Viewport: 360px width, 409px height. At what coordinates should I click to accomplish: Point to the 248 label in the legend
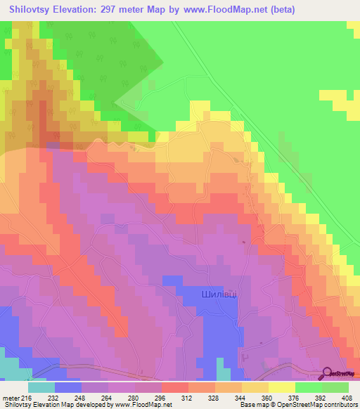82,397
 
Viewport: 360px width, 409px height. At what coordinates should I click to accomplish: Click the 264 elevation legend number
108,397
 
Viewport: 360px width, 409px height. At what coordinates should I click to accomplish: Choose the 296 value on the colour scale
162,397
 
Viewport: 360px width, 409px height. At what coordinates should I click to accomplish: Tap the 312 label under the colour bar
188,397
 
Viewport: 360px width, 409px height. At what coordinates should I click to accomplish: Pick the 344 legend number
242,397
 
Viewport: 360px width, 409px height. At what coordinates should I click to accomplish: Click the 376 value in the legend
295,397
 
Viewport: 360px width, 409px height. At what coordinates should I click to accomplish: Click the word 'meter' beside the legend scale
11,397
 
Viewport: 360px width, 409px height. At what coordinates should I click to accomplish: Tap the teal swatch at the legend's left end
41,387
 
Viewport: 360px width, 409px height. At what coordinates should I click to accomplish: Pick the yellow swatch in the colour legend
282,387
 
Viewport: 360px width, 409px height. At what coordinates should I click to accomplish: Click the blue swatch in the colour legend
68,387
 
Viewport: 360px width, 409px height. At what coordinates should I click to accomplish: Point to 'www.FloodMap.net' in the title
219,9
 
